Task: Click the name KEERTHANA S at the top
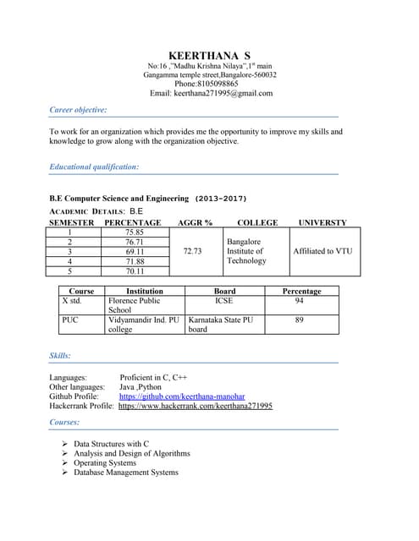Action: (x=209, y=55)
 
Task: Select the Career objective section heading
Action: (x=78, y=110)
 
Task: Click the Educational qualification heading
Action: (x=94, y=167)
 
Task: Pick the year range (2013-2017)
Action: (x=221, y=199)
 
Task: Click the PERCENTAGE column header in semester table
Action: (x=132, y=222)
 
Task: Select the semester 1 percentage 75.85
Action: (x=134, y=232)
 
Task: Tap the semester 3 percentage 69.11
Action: (x=134, y=251)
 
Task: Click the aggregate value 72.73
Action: (x=192, y=251)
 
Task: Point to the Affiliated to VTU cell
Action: (x=322, y=251)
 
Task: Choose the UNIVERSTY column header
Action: (x=322, y=222)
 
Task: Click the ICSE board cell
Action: (x=223, y=300)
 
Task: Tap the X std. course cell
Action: (x=71, y=300)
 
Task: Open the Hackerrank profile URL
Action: (x=195, y=406)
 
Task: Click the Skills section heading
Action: (x=60, y=356)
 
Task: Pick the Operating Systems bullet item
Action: (x=105, y=463)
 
